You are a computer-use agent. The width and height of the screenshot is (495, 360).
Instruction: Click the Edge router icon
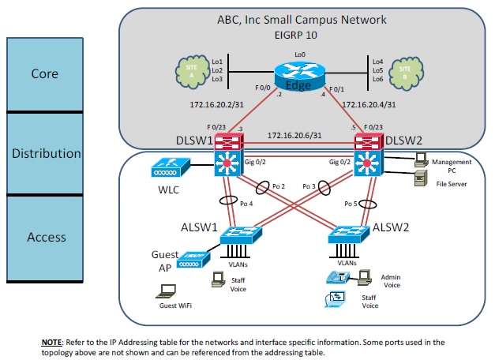coord(300,77)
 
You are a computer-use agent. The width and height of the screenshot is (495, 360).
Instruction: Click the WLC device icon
coord(167,167)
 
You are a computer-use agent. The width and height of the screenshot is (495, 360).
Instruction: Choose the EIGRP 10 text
coord(298,36)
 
